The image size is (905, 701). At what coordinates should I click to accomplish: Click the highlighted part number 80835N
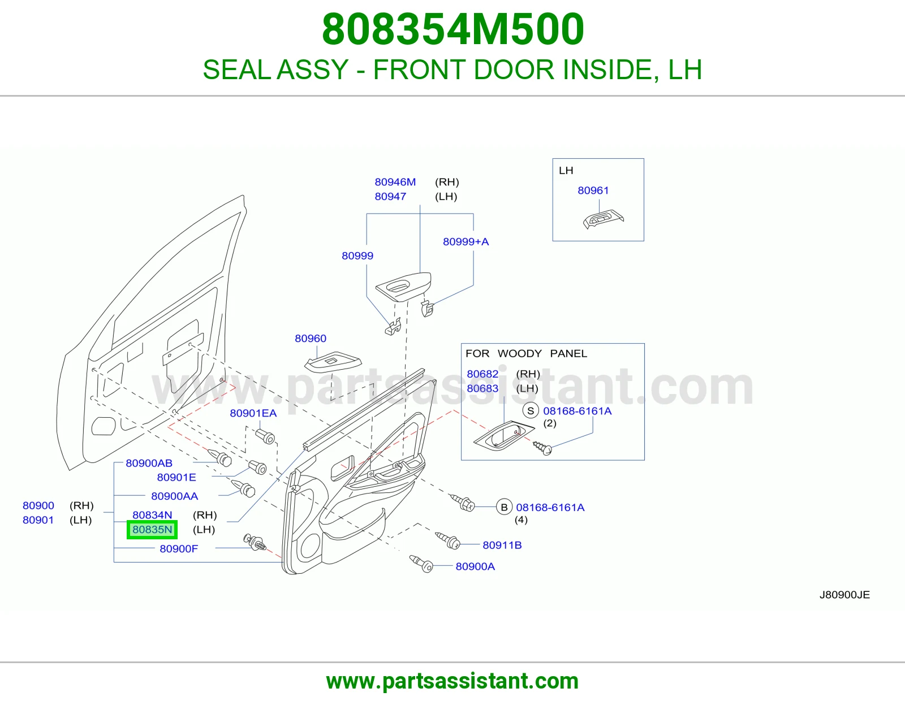click(152, 530)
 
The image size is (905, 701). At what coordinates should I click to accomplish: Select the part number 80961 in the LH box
click(593, 191)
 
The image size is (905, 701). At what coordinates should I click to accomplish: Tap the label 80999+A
click(466, 241)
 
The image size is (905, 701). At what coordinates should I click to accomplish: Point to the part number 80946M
click(395, 182)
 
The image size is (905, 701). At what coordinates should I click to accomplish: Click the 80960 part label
click(311, 339)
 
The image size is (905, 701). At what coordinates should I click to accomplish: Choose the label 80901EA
click(253, 413)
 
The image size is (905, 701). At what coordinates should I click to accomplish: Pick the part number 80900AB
click(149, 463)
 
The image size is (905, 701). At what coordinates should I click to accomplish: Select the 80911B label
click(502, 545)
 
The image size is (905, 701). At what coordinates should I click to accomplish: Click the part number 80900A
click(475, 566)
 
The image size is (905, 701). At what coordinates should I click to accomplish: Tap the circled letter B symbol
click(504, 507)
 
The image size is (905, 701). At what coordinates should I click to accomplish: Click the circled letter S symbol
click(531, 411)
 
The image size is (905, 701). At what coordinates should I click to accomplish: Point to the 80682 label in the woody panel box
click(482, 374)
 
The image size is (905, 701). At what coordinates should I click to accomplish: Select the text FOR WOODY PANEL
click(526, 353)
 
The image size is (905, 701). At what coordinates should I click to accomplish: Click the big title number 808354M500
click(453, 29)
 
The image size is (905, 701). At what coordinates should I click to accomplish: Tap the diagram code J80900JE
click(844, 594)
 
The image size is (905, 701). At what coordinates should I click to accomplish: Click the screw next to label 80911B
click(448, 540)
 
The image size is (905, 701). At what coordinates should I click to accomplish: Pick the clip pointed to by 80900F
click(255, 542)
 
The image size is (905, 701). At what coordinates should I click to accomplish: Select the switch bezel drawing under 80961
click(604, 219)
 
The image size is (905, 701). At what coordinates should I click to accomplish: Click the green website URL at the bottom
click(453, 681)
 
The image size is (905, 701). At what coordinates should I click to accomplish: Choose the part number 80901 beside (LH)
click(38, 520)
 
